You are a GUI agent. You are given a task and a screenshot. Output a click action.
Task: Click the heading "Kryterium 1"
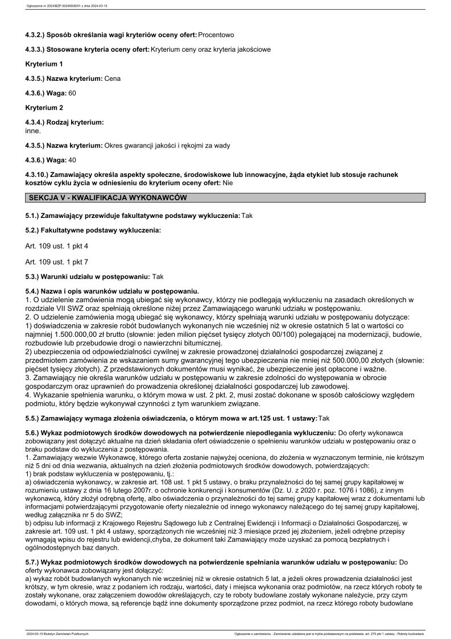[44, 64]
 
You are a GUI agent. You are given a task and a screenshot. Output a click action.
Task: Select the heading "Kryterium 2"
[44, 107]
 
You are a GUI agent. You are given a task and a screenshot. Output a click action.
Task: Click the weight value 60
[72, 92]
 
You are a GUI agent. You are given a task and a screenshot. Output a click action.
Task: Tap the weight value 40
[72, 160]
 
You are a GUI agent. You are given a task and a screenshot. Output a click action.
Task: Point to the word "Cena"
[113, 78]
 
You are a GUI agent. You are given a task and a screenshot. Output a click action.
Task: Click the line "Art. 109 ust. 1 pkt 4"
[57, 246]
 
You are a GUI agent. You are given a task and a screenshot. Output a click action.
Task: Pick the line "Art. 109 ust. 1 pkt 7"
[57, 262]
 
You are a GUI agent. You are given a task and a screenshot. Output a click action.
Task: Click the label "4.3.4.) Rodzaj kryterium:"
[64, 122]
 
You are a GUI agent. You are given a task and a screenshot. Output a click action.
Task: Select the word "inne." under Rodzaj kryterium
[33, 130]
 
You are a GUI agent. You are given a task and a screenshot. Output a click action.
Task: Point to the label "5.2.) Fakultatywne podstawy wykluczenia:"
[93, 230]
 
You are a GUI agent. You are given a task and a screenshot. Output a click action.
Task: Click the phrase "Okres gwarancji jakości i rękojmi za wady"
[167, 146]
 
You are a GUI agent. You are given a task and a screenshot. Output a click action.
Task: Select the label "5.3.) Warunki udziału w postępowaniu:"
[88, 277]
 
